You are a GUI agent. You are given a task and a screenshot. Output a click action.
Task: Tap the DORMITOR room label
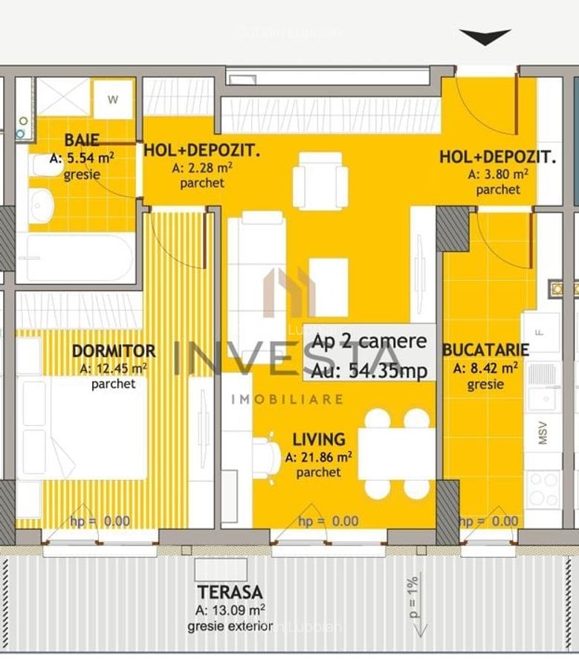tap(114, 351)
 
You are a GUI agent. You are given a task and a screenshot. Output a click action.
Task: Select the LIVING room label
tap(318, 439)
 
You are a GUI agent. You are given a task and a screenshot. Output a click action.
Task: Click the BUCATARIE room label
tap(485, 350)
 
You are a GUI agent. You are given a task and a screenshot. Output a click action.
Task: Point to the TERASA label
tap(230, 592)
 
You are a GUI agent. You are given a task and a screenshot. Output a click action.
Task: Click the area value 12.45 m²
tap(113, 368)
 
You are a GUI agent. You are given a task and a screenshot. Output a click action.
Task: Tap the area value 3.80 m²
tap(498, 174)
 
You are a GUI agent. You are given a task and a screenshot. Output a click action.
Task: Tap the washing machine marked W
tap(112, 100)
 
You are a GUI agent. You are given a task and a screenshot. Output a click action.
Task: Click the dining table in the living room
tap(396, 453)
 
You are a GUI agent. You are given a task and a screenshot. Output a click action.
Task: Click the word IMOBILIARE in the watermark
tap(287, 399)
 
